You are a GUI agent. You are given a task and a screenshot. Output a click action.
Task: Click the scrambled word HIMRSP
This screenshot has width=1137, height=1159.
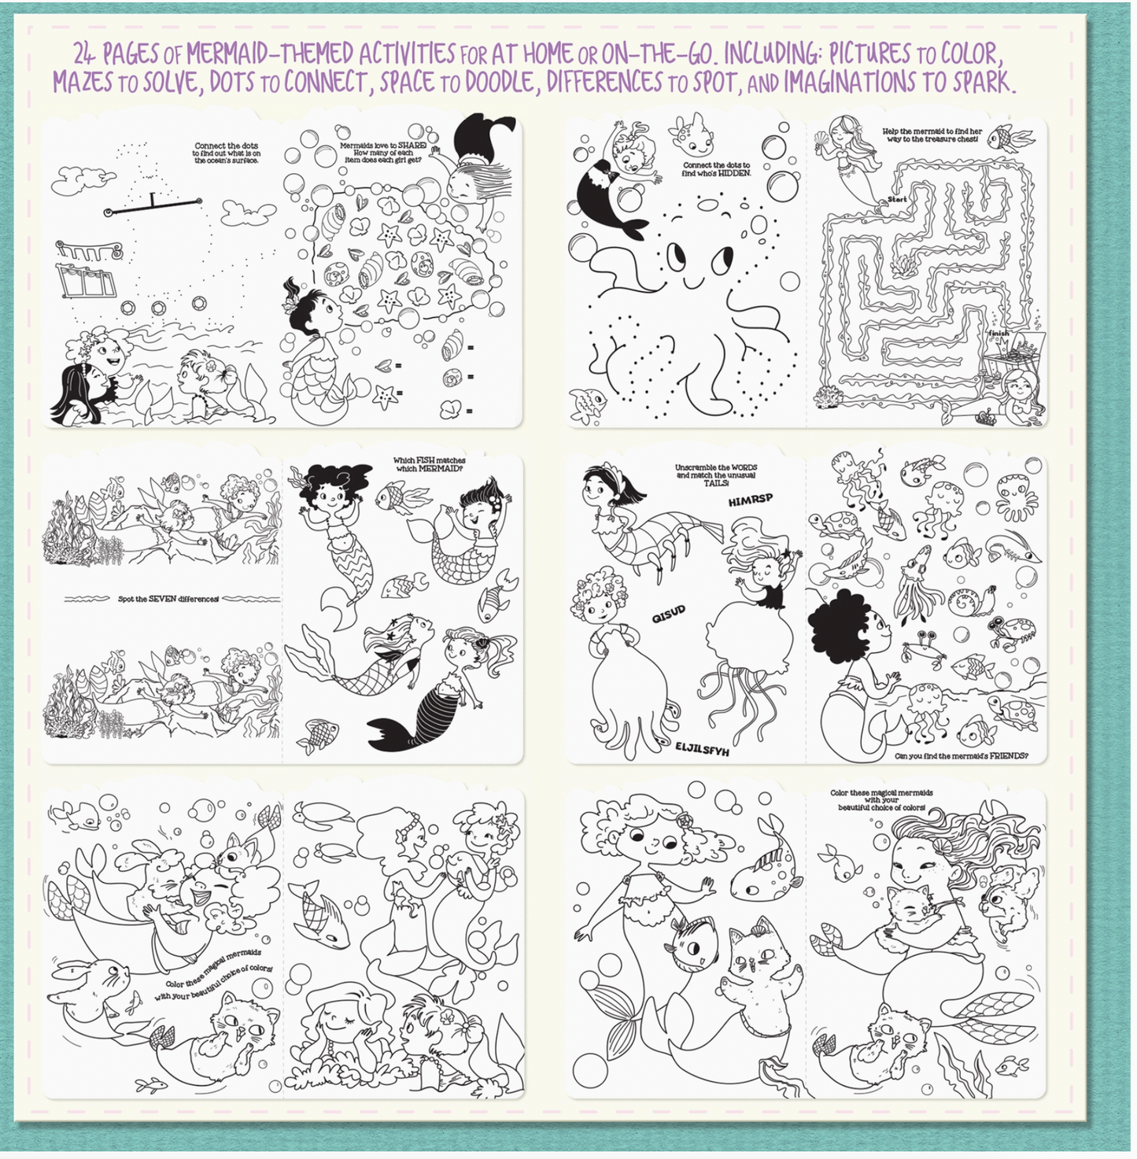750,500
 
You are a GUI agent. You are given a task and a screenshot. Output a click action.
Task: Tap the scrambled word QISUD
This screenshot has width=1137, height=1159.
668,614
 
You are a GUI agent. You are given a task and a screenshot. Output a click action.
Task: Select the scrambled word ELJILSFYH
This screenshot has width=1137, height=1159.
702,749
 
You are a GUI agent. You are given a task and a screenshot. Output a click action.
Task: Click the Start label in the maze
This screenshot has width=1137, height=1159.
897,200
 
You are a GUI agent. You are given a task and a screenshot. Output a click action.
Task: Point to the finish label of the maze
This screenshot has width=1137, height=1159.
998,333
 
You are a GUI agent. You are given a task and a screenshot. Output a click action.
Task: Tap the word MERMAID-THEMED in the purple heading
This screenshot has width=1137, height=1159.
269,54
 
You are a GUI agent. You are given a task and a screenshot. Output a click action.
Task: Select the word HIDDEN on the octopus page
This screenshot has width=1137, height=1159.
734,173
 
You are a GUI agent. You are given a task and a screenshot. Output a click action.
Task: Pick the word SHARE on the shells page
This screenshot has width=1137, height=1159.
412,146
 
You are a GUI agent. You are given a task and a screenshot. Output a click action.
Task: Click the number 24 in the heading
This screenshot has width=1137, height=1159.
85,54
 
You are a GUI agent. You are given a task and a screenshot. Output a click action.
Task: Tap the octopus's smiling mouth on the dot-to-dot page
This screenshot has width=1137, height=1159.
692,281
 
